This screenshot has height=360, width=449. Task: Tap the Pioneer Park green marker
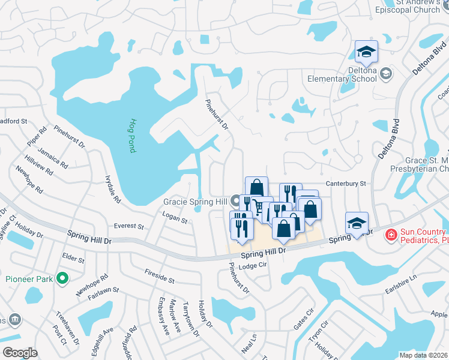pyautogui.click(x=61, y=278)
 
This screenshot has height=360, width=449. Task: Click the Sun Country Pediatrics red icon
pyautogui.click(x=391, y=234)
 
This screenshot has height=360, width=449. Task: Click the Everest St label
pyautogui.click(x=129, y=227)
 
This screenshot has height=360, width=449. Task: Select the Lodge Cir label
pyautogui.click(x=252, y=266)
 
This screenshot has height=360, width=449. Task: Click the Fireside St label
pyautogui.click(x=159, y=276)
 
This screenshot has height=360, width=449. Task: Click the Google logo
pyautogui.click(x=20, y=353)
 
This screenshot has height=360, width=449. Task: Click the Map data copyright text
pyautogui.click(x=424, y=355)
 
